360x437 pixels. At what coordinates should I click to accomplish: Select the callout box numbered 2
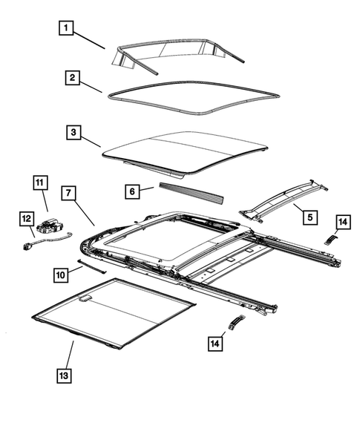tap(71, 77)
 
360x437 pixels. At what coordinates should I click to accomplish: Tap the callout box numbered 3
tap(71, 133)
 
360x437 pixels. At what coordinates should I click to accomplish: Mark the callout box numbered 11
tap(39, 183)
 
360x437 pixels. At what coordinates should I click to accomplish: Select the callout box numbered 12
tap(25, 218)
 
